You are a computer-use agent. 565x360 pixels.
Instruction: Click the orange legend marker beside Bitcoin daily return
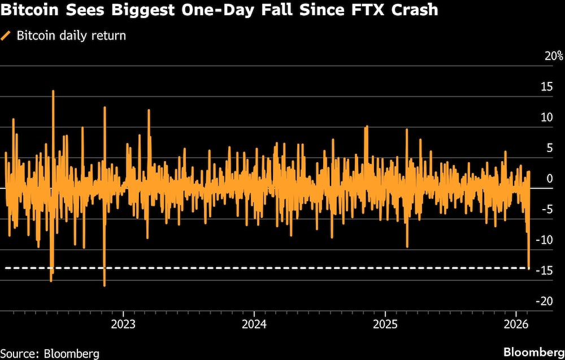[6, 36]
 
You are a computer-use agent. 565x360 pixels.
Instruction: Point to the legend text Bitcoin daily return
[71, 36]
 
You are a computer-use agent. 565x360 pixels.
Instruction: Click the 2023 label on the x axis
[123, 324]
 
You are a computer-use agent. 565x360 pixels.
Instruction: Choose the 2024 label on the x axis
[254, 324]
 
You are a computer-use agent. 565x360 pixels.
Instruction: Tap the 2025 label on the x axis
[385, 324]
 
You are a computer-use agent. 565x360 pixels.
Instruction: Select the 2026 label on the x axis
[516, 324]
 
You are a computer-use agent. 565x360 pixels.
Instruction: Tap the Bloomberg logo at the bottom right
[533, 350]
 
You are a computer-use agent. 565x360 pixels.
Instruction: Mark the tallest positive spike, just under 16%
[53, 92]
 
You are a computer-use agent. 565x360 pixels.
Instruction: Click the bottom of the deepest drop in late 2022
[105, 285]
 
